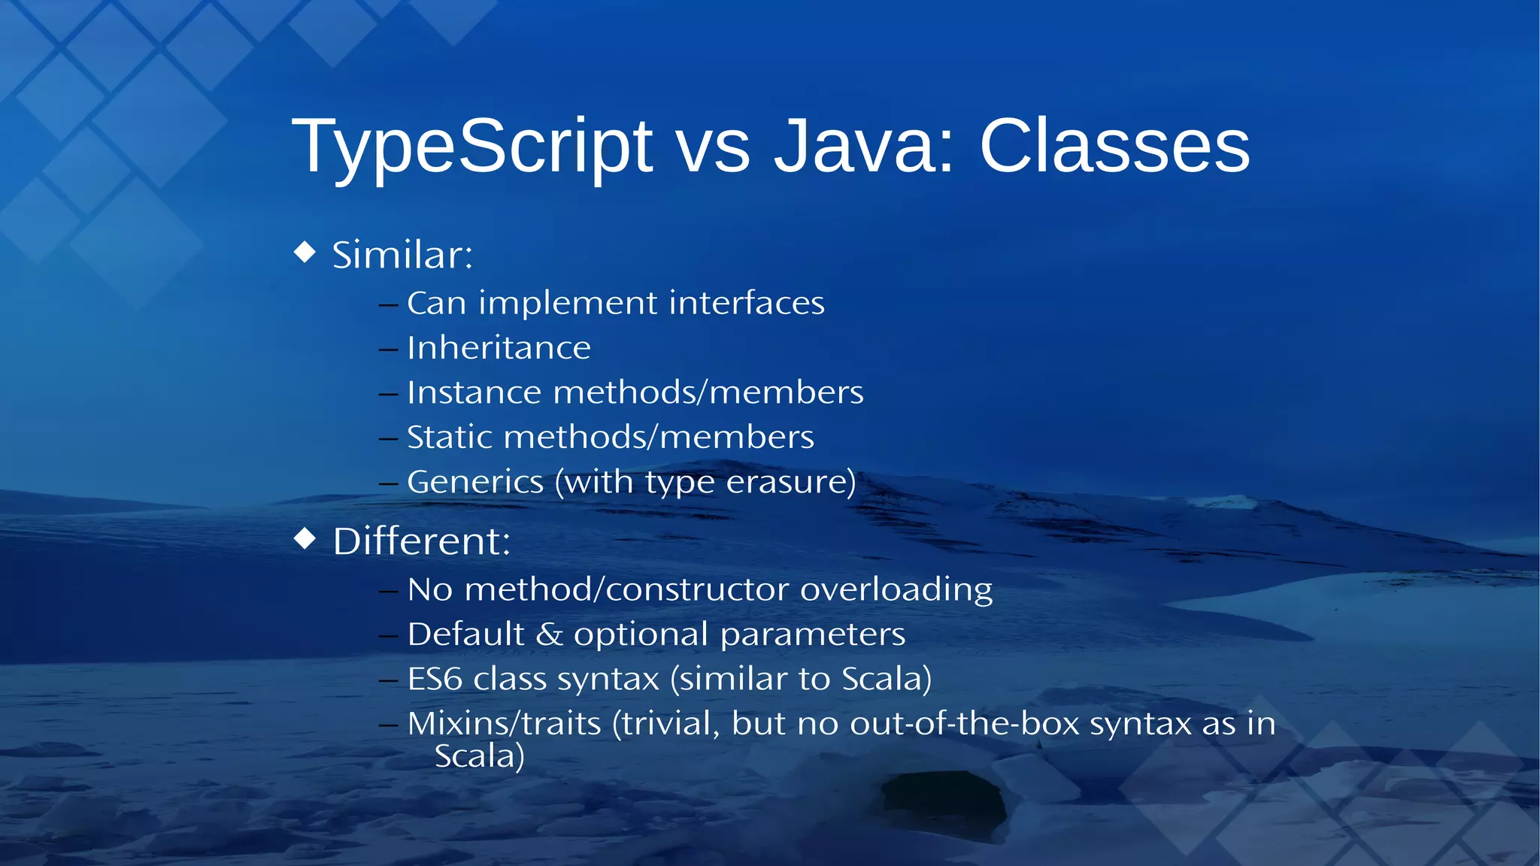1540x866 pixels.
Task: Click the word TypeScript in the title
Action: point(472,147)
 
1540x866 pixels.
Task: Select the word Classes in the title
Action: point(1114,147)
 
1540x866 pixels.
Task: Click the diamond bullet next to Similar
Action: point(305,252)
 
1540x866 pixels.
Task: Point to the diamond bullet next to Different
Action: point(305,538)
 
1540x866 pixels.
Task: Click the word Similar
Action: point(402,255)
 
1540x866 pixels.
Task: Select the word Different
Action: point(421,541)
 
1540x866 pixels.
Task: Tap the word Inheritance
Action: point(499,348)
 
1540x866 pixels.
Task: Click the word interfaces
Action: point(746,303)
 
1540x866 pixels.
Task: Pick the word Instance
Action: point(474,392)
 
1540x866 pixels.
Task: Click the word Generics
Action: point(474,482)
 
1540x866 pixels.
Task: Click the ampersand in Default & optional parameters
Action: point(549,634)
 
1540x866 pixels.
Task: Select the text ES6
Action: point(434,679)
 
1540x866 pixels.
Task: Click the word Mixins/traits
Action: point(504,724)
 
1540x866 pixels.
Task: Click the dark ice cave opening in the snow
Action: point(944,804)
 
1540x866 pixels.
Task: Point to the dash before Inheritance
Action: point(388,350)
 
